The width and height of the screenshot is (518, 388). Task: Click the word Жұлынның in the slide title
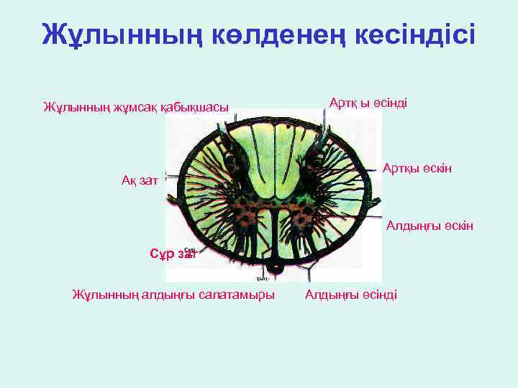(100, 34)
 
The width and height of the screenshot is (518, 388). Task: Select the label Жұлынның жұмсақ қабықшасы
(136, 108)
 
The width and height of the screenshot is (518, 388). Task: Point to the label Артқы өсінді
(368, 103)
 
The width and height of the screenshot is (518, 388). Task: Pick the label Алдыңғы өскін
(430, 226)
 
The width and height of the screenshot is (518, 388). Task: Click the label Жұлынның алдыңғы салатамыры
(173, 295)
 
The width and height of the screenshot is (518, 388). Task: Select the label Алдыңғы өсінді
(351, 295)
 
